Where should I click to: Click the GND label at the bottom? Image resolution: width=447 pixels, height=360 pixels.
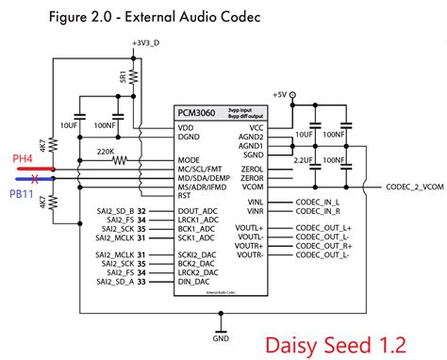click(221, 337)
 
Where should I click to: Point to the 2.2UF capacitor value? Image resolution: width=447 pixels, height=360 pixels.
click(302, 161)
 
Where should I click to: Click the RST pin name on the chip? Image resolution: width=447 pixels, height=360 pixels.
click(186, 196)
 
